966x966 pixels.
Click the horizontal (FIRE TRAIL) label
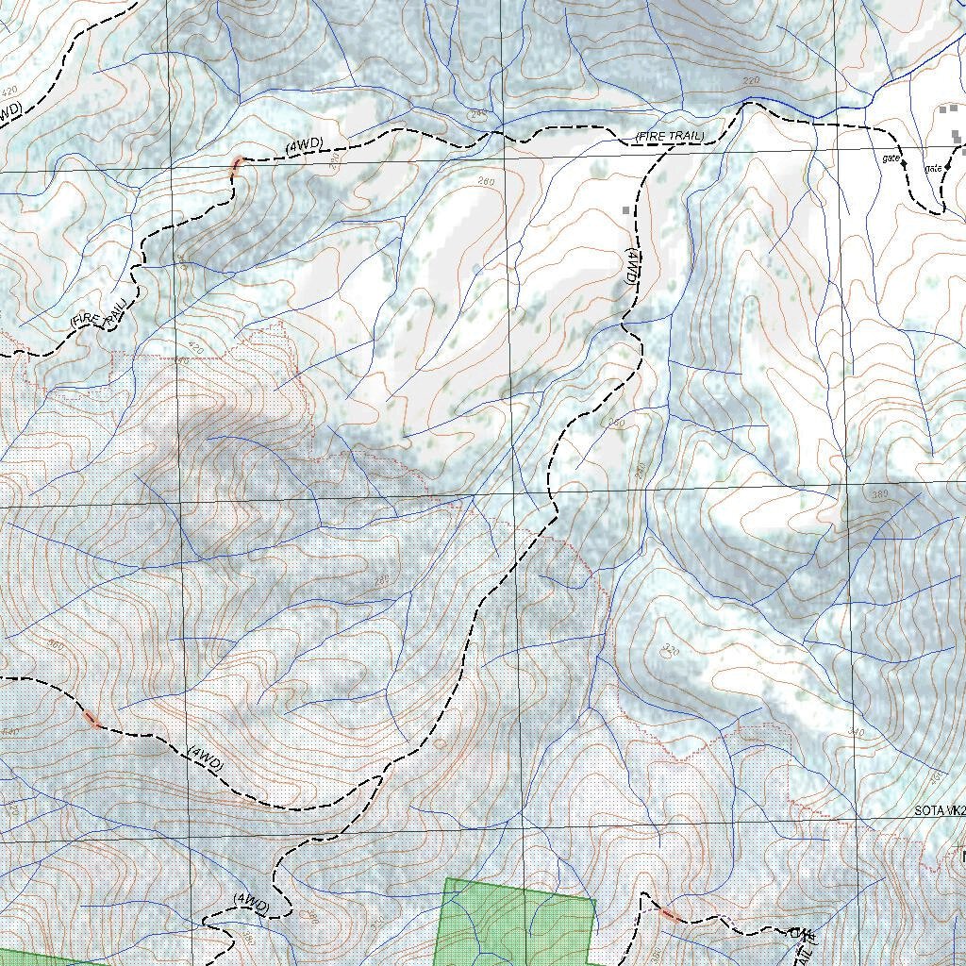point(670,138)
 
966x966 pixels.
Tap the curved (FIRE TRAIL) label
point(98,314)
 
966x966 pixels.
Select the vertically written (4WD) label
point(632,267)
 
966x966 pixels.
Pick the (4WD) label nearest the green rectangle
point(252,902)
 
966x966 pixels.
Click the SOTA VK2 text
point(940,810)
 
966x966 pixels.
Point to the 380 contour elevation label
point(881,495)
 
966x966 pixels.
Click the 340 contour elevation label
point(857,732)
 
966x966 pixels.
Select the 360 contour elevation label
point(53,646)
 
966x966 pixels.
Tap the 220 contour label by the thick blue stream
point(751,81)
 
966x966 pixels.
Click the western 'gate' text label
point(890,158)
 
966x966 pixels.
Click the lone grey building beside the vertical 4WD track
point(625,209)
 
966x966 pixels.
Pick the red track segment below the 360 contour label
point(92,720)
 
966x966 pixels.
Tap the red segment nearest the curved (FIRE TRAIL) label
point(236,167)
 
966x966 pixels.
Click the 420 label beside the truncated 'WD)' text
point(10,92)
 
